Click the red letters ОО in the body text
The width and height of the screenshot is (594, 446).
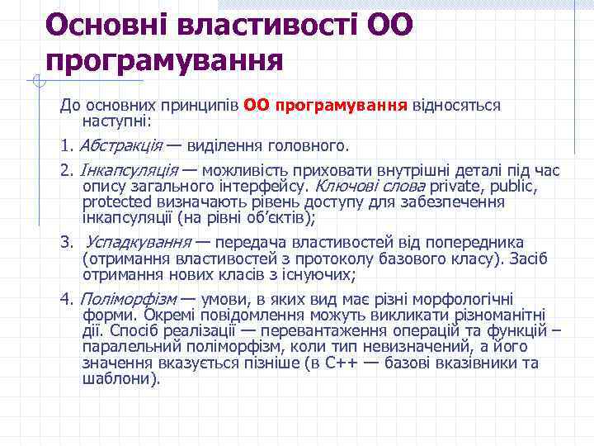pyautogui.click(x=257, y=106)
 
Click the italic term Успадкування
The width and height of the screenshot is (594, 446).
pyautogui.click(x=135, y=243)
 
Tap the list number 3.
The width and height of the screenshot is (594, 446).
pyautogui.click(x=65, y=243)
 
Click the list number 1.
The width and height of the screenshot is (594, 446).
pyautogui.click(x=65, y=146)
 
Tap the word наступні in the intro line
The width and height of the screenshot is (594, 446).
pyautogui.click(x=112, y=121)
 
